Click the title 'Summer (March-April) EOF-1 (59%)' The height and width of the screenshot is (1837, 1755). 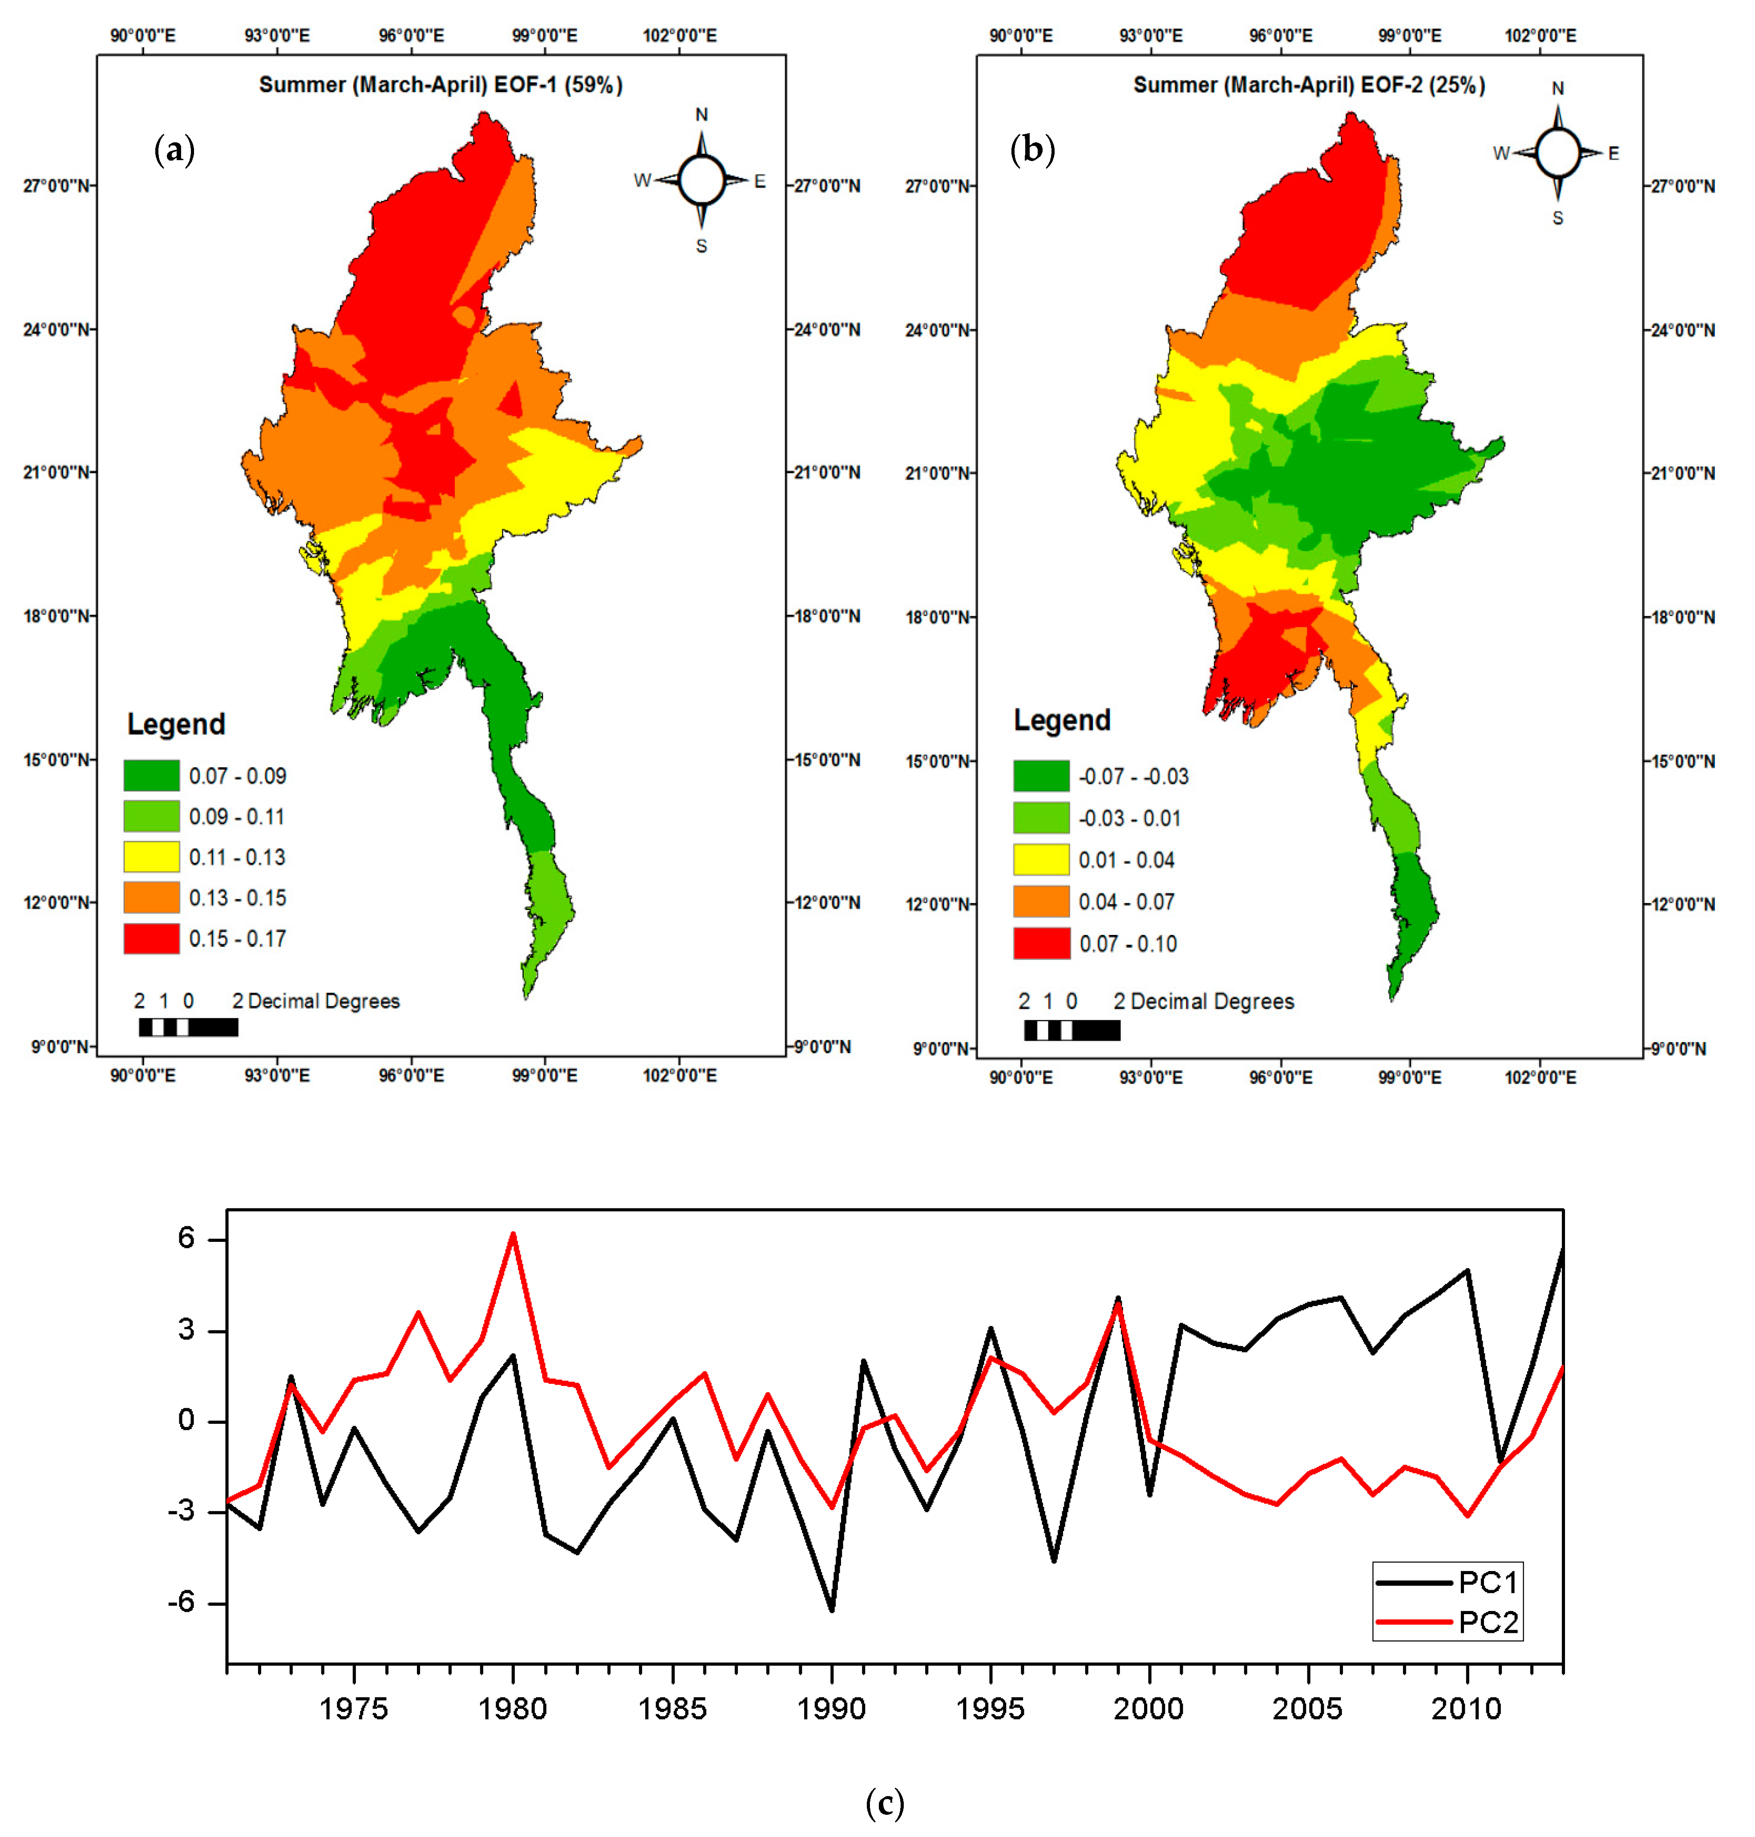pyautogui.click(x=441, y=85)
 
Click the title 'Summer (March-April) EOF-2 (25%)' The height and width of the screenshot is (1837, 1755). pyautogui.click(x=1309, y=85)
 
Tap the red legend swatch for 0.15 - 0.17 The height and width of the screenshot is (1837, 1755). pyautogui.click(x=152, y=938)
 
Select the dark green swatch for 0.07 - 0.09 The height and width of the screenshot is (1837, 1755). pyautogui.click(x=152, y=775)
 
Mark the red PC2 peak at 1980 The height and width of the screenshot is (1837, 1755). pyautogui.click(x=513, y=1235)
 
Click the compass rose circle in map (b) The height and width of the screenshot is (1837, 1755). pyautogui.click(x=1557, y=153)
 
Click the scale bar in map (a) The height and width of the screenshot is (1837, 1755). pyautogui.click(x=188, y=1027)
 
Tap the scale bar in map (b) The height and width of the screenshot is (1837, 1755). pyautogui.click(x=1072, y=1030)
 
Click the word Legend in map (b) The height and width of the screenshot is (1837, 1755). pyautogui.click(x=1062, y=720)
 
